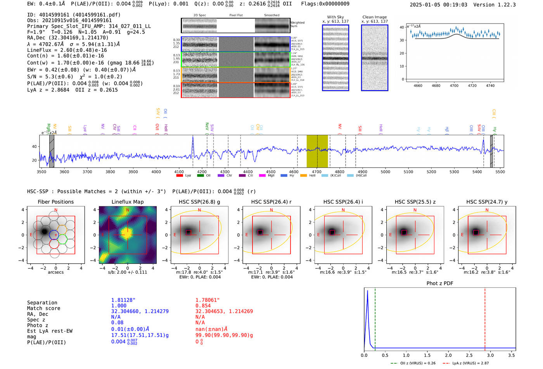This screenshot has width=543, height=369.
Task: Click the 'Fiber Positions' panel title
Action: point(55,202)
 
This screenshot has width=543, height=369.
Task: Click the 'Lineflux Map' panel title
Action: point(127,202)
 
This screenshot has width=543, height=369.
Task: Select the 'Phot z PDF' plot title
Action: point(440,283)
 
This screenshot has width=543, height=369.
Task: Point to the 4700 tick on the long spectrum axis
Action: point(316,172)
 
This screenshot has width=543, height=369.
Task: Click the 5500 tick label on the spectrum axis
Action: point(500,172)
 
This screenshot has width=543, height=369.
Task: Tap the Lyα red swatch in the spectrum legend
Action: point(180,176)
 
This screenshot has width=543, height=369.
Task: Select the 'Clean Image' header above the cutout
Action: point(374,17)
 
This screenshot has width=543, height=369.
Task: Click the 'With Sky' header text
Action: point(335,17)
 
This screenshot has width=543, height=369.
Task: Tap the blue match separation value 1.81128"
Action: point(123,300)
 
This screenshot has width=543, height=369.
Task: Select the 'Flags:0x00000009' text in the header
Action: point(325,3)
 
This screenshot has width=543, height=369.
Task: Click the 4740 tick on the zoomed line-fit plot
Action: point(490,86)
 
